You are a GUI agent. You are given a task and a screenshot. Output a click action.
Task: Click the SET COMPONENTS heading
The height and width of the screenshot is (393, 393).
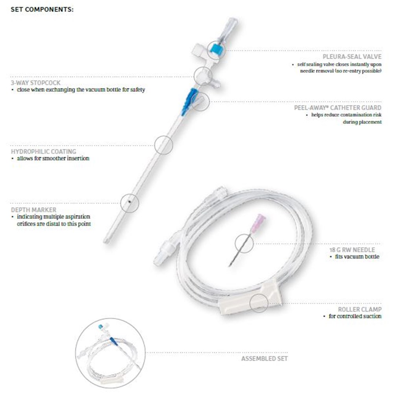coord(42,9)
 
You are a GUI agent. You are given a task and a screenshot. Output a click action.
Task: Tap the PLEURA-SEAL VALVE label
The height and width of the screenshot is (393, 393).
coord(352,57)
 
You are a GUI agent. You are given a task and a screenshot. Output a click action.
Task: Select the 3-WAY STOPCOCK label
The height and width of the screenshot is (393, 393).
coord(36,83)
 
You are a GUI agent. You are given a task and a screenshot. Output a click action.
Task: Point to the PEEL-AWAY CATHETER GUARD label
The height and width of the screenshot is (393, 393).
coord(338,108)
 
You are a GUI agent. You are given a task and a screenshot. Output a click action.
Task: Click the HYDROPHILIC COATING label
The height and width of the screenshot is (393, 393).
coord(43,151)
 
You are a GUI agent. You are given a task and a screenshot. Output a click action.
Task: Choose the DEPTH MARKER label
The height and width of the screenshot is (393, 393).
coord(33,210)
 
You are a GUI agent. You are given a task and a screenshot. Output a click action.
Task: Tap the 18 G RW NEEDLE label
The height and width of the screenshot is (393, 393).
coord(352,250)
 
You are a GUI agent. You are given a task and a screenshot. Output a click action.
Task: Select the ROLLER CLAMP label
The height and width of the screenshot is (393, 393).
coord(360,309)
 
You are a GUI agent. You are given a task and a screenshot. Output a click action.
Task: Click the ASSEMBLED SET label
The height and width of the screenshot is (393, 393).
coord(264,359)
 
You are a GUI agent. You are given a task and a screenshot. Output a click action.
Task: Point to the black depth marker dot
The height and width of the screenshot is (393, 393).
coord(129,201)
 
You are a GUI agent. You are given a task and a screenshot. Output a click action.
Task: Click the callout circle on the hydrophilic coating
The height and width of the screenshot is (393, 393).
coord(163,136)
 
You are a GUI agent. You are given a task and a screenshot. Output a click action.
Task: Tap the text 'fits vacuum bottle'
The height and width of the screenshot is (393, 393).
coord(357,257)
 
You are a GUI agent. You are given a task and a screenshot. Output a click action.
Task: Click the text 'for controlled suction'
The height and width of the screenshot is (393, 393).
coord(355,316)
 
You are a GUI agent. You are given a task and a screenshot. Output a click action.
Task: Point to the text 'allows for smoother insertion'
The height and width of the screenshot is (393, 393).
coord(53,158)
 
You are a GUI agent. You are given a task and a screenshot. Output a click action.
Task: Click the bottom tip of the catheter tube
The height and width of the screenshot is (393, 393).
coord(106,242)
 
